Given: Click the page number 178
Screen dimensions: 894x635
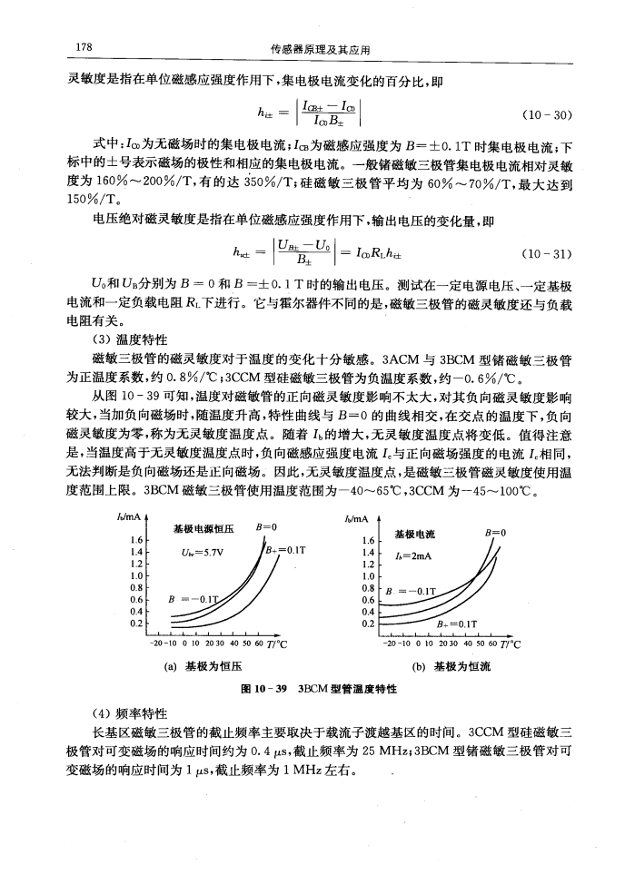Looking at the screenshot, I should click(76, 47).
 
